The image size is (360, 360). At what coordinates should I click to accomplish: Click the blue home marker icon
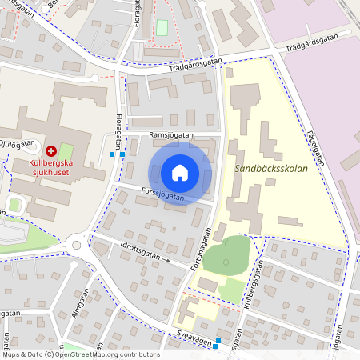tap(180, 173)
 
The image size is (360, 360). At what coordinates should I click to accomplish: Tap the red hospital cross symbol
tap(52, 150)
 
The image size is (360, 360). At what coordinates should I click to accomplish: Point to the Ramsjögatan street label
tap(171, 135)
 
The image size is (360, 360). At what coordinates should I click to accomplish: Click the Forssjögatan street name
tap(161, 193)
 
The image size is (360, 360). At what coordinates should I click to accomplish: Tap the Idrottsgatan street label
tap(138, 253)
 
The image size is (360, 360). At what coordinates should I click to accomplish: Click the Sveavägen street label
tap(192, 340)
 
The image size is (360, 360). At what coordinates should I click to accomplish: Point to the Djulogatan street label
tap(18, 144)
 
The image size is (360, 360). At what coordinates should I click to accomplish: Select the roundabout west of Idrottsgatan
tap(77, 245)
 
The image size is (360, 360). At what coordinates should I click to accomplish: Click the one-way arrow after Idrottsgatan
tap(167, 260)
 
